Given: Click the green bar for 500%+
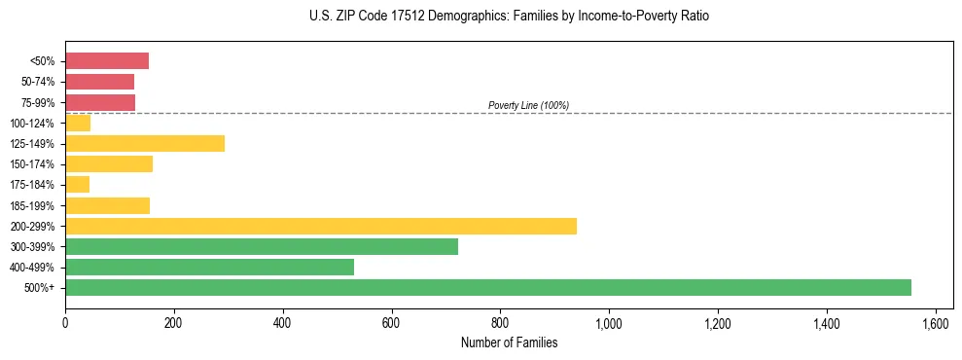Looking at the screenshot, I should pos(487,287).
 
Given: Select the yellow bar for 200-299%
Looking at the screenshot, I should pos(320,226).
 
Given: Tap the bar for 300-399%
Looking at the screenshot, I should pos(261,246).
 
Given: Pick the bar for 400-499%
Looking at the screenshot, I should pos(209,267).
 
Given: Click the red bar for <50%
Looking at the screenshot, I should pos(107,61).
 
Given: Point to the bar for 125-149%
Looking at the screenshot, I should pos(145,143).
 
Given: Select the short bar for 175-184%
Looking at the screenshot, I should pos(77,184).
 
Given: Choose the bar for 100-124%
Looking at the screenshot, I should pos(78,123).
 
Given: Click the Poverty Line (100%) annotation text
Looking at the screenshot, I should pos(528,105).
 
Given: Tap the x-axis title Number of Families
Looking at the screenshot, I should pos(509,342).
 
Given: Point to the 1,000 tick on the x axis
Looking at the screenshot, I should pos(609,322).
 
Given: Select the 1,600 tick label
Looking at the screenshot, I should pos(935,322).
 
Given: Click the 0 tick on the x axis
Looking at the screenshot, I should pos(65,322).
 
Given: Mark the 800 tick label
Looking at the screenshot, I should pos(500,322).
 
